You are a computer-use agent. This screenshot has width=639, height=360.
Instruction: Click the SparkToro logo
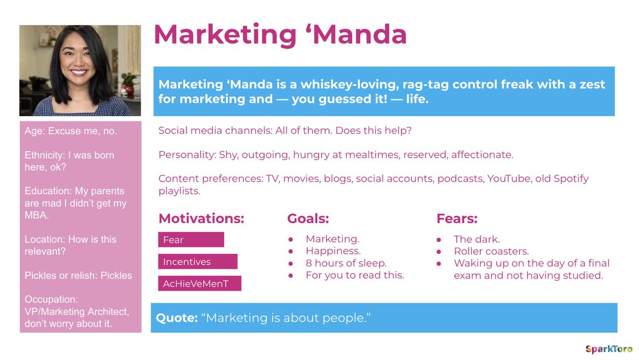point(609,349)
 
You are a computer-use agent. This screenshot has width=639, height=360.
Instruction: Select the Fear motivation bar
point(191,240)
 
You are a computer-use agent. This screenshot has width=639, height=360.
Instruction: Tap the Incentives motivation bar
point(198,261)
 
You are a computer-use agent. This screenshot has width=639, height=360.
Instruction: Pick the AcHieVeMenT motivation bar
point(200,283)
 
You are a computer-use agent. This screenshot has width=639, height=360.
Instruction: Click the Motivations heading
point(201,218)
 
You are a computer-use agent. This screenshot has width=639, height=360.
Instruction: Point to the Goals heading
point(308,218)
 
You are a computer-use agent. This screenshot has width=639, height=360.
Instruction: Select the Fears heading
point(457,218)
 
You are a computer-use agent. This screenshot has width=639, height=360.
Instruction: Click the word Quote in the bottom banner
point(176,318)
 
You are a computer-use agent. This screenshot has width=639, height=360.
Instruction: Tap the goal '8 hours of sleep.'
point(346,263)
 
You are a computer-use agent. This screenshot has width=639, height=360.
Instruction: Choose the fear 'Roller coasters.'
point(491,251)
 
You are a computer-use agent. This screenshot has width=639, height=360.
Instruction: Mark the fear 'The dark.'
point(477,240)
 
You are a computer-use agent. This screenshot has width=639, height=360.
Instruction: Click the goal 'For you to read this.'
point(355,275)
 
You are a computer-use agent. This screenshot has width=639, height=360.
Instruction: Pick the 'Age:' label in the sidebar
point(35,131)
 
